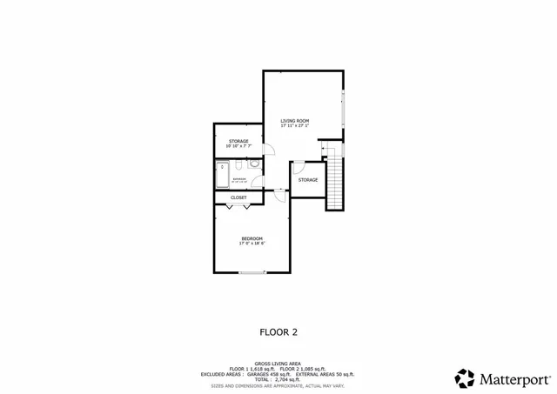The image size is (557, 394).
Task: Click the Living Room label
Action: tap(294, 121)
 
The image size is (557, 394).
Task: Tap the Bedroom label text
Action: tap(252, 238)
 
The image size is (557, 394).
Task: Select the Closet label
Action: tap(238, 197)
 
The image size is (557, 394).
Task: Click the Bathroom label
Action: tap(239, 178)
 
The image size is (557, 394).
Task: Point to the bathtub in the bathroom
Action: tap(222, 176)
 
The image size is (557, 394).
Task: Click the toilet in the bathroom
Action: tap(252, 163)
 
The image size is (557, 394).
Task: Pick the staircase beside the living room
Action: tap(335, 178)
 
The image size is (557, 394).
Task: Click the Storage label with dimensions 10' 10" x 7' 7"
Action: tap(238, 141)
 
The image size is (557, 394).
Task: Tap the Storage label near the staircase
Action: tap(307, 180)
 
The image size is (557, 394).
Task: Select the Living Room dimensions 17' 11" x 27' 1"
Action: tap(294, 126)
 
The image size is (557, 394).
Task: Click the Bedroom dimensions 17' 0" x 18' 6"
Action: tap(252, 244)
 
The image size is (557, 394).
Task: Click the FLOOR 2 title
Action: tap(278, 331)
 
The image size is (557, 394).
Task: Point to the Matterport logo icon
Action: tap(465, 378)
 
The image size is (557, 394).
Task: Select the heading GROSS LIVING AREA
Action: tap(278, 364)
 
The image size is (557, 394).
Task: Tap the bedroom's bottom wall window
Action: tap(252, 273)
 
